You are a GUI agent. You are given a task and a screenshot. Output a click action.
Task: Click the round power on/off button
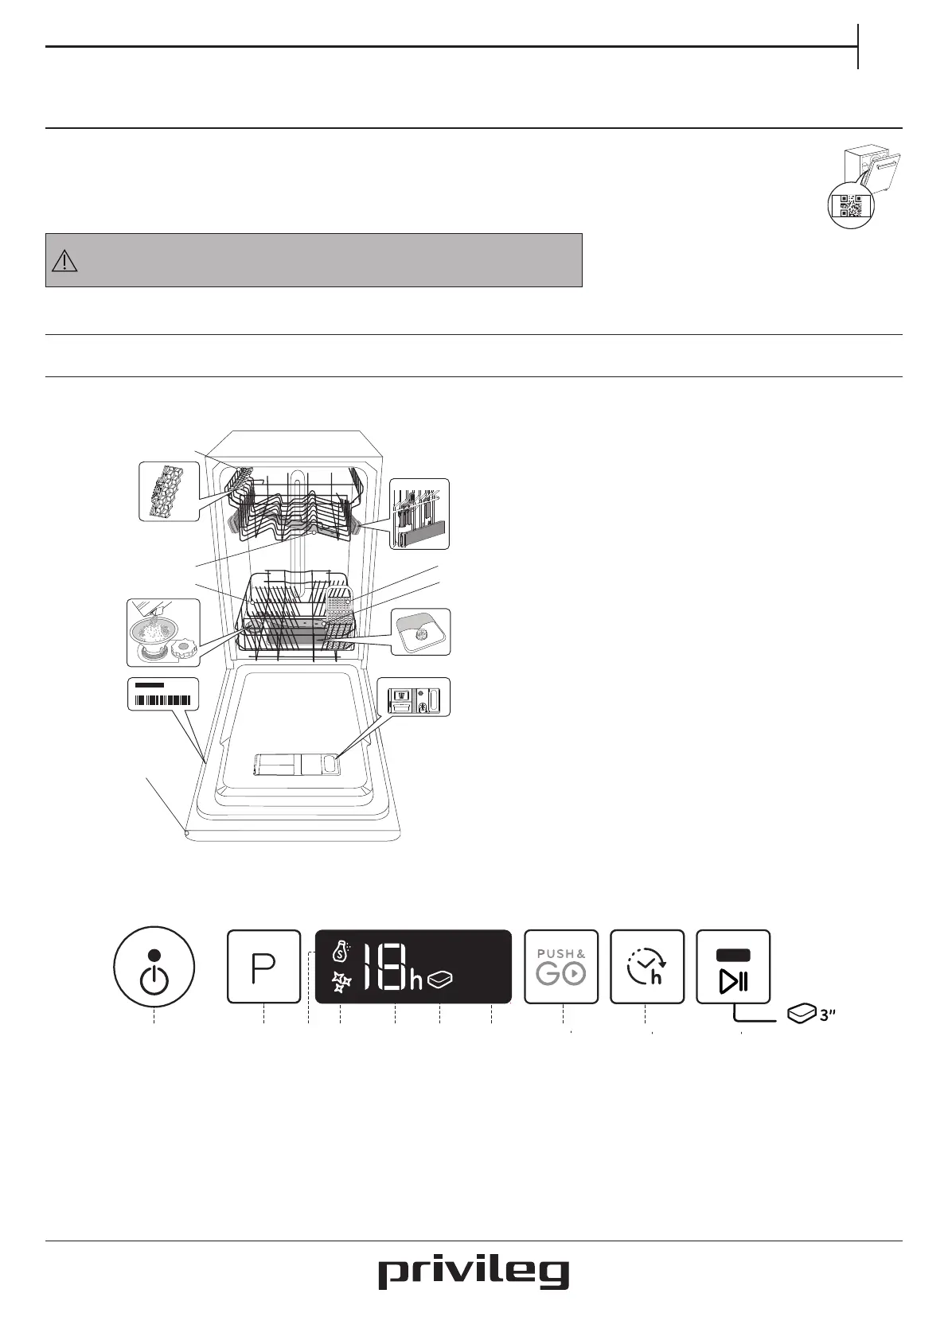[154, 967]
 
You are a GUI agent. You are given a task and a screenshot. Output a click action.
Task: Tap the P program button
[264, 966]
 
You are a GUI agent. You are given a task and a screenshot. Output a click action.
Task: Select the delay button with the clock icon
[647, 966]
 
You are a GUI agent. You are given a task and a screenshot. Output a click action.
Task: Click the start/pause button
[733, 966]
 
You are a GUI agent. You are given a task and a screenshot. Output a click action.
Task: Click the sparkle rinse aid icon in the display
[341, 982]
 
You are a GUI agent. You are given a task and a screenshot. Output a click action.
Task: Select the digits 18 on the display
[384, 968]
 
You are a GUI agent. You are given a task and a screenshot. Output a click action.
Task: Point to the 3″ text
[827, 1015]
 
